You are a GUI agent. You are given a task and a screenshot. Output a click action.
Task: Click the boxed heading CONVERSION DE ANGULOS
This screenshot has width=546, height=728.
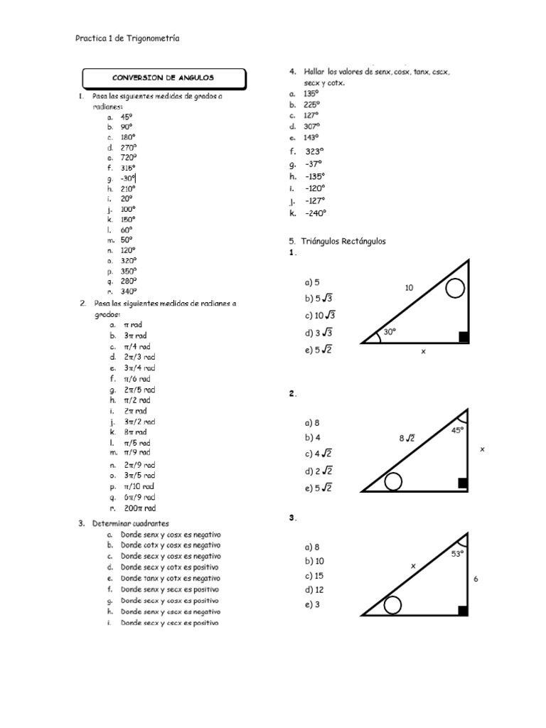(164, 77)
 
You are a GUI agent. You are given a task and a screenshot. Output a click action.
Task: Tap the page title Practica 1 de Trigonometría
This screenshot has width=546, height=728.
(127, 39)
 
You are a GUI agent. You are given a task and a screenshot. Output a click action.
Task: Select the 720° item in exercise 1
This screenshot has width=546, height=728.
(128, 158)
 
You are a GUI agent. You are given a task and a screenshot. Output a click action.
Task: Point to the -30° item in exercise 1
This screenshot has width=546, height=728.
(128, 179)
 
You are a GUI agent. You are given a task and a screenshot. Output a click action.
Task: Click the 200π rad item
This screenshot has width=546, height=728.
(139, 508)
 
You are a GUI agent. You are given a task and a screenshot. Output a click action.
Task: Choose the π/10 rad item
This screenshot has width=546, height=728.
(138, 487)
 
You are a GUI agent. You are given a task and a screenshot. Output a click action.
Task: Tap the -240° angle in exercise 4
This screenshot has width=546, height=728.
(315, 213)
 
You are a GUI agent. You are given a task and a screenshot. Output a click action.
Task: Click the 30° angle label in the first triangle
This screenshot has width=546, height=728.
(389, 332)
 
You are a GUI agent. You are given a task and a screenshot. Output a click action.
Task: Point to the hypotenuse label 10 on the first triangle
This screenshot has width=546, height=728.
(409, 288)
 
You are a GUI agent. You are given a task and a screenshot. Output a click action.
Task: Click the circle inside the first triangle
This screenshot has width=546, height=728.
(455, 289)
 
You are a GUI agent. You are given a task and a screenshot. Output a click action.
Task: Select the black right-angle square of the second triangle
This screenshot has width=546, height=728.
(463, 484)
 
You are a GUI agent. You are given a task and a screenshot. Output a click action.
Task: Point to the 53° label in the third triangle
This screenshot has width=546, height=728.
(458, 554)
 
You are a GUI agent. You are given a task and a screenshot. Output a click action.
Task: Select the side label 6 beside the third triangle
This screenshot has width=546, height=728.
(476, 579)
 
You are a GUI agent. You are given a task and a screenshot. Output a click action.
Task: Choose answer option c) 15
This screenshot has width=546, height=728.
(314, 576)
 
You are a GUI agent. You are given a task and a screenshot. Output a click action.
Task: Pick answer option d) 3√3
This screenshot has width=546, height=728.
(319, 333)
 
